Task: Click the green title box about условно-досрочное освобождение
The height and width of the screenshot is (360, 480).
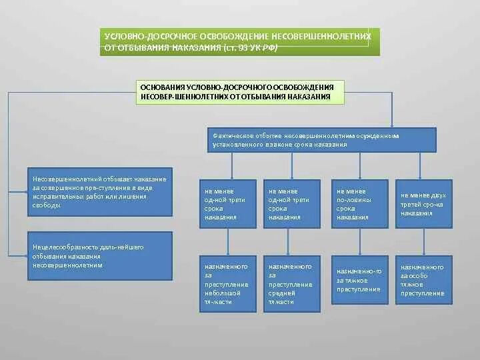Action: [240, 41]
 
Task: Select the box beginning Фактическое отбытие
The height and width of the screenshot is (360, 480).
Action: [322, 140]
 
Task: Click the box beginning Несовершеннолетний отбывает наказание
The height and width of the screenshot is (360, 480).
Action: [100, 196]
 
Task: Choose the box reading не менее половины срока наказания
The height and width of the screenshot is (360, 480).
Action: [360, 204]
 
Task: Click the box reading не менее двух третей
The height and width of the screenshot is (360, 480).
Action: [424, 204]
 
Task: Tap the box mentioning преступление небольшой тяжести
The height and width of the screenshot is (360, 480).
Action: [227, 284]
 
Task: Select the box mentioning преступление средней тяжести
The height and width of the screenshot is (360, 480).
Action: [291, 284]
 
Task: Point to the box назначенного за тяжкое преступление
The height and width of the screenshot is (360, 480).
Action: [360, 280]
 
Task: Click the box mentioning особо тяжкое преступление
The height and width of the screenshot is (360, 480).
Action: [424, 280]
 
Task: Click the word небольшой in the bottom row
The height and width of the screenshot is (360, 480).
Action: [220, 292]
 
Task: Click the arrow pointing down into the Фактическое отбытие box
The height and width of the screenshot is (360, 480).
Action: [392, 125]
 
